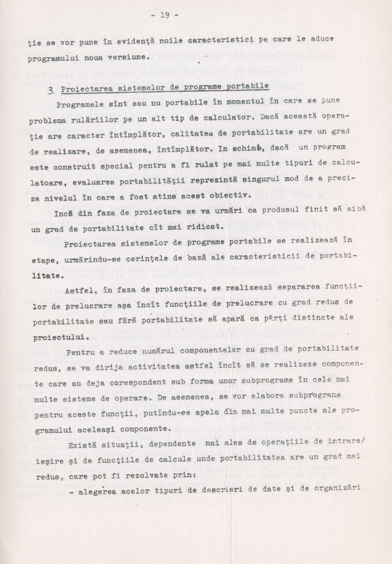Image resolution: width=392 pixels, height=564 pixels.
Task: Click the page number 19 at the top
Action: tap(164, 15)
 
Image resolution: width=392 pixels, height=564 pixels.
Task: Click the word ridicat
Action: tap(201, 227)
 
